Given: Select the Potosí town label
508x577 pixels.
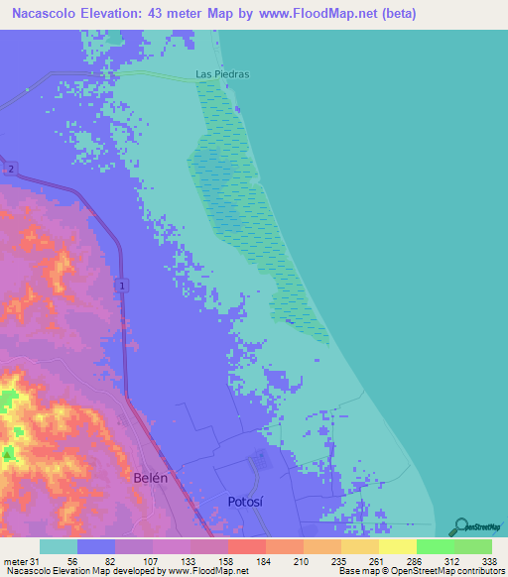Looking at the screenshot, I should [x=248, y=501].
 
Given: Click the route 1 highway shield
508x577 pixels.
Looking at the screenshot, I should [x=122, y=286].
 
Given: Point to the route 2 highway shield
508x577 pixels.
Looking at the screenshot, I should [x=10, y=170].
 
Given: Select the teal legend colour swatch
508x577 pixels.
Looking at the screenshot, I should [x=59, y=546].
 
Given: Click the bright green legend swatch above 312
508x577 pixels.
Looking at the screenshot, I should [x=435, y=546].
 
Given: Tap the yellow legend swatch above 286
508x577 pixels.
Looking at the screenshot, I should [x=397, y=546].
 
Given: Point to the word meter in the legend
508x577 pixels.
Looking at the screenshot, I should [x=16, y=561].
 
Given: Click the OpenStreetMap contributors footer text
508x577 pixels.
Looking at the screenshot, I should [x=456, y=572].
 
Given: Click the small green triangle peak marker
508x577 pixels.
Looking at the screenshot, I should [x=9, y=454].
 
